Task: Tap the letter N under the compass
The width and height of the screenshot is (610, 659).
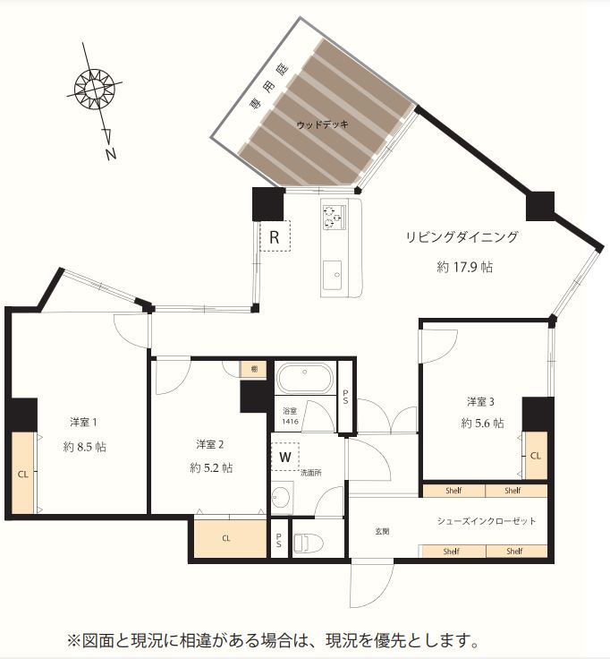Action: click(111, 154)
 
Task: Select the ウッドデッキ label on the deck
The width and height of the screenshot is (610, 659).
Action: click(322, 124)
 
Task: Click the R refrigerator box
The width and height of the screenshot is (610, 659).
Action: click(275, 237)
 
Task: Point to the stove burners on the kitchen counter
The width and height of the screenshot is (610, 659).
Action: click(333, 216)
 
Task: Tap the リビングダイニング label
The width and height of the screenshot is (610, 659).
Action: click(462, 237)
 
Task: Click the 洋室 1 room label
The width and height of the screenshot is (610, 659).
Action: click(84, 422)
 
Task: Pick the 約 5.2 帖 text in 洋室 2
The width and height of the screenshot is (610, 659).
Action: click(211, 467)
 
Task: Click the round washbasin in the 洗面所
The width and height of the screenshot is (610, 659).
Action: click(283, 497)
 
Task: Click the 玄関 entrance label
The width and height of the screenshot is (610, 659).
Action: click(381, 530)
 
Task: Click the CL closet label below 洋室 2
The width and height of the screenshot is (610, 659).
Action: click(226, 538)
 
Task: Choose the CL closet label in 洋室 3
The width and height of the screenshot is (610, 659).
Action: click(536, 455)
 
